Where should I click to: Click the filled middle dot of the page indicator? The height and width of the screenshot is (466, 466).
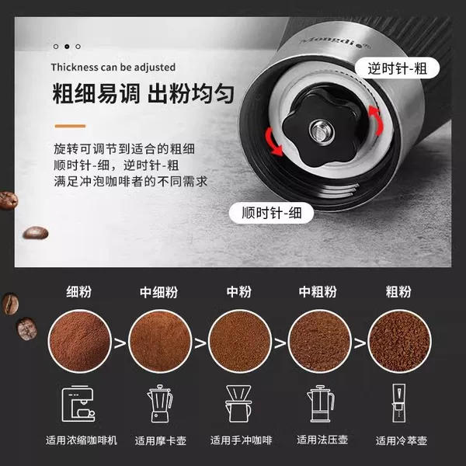[x=67, y=47]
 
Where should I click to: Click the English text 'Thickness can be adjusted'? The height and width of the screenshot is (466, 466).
[x=113, y=67]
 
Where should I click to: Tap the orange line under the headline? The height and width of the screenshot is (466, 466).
[x=70, y=126]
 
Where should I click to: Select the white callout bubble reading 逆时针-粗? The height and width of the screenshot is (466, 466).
[x=397, y=68]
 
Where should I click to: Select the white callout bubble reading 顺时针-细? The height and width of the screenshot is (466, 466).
[x=271, y=213]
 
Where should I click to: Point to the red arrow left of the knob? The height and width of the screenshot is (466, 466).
[x=273, y=142]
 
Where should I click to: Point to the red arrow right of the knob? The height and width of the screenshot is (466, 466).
[x=376, y=120]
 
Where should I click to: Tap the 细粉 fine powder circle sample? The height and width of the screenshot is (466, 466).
[x=79, y=341]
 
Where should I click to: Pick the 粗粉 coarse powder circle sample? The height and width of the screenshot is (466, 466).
[x=399, y=341]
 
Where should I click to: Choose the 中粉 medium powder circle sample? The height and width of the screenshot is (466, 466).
[x=239, y=341]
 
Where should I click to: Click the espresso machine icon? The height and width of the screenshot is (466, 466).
[x=78, y=403]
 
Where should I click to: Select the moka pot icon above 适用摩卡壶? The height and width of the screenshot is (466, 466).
[x=160, y=403]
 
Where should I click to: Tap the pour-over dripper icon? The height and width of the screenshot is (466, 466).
[x=238, y=403]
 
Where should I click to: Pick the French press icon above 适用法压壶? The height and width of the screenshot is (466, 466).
[x=321, y=403]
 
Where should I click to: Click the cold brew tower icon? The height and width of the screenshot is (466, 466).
[x=398, y=403]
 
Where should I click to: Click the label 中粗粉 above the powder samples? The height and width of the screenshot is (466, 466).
[x=318, y=292]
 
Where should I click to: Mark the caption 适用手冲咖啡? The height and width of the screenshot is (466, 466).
[x=241, y=440]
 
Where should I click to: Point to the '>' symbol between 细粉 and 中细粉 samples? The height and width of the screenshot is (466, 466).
[x=120, y=343]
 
